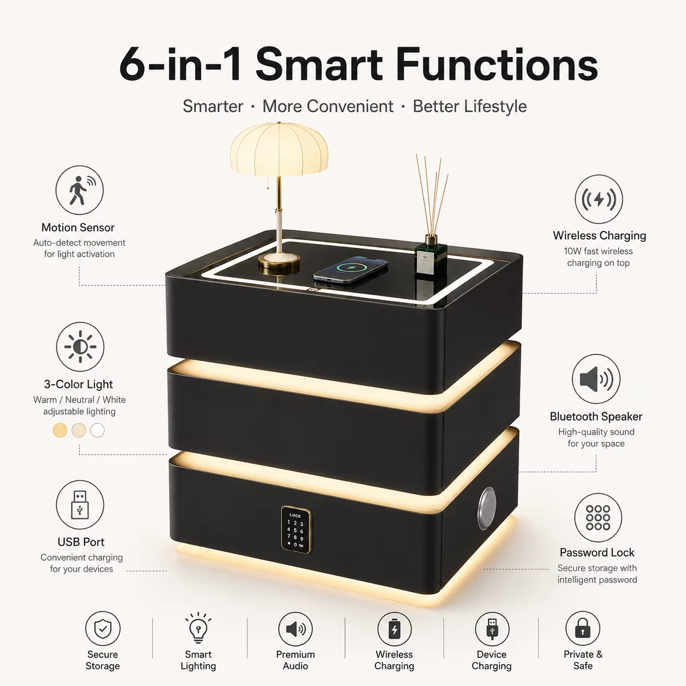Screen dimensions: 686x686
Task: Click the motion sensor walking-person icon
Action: [x=79, y=190]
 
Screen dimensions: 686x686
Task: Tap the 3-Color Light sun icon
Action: [x=80, y=346]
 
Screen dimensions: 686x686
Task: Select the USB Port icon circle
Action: [x=80, y=504]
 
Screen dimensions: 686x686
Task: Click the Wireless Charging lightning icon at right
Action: [x=599, y=199]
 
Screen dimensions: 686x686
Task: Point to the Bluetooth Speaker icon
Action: [x=596, y=379]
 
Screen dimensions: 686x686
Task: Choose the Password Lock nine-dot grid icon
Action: [x=598, y=518]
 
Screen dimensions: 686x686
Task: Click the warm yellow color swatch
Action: [x=60, y=431]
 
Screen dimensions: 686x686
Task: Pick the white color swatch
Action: [x=97, y=431]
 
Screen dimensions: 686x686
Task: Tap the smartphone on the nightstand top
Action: [x=351, y=270]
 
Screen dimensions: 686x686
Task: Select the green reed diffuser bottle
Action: [x=431, y=255]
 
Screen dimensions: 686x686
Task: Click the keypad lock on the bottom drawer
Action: [x=295, y=530]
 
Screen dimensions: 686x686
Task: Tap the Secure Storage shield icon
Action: [x=103, y=629]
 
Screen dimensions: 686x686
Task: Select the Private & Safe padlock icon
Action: [x=583, y=629]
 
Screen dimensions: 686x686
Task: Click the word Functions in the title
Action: [x=497, y=66]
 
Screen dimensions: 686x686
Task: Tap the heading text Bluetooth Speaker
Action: [x=596, y=416]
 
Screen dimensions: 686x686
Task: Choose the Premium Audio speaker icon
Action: [x=295, y=629]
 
